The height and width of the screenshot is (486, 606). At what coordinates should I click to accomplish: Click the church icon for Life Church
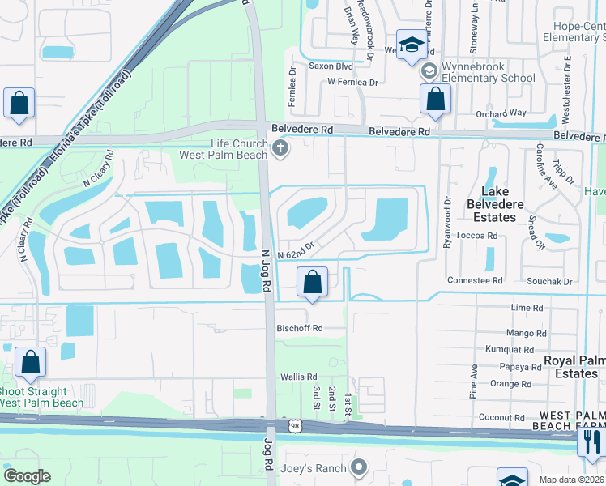(280, 147)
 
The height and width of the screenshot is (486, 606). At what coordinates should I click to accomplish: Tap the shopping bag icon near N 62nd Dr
(312, 283)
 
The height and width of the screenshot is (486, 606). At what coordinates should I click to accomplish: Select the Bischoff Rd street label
(301, 328)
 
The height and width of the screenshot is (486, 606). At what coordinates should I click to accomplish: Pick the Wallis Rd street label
(298, 377)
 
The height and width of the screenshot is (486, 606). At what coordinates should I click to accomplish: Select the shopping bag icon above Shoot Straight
(30, 365)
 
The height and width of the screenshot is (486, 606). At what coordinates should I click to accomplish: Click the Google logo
(28, 476)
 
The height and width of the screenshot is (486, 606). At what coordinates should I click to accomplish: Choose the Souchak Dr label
(551, 281)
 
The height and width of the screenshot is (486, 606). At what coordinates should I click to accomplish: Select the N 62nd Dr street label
(295, 254)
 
